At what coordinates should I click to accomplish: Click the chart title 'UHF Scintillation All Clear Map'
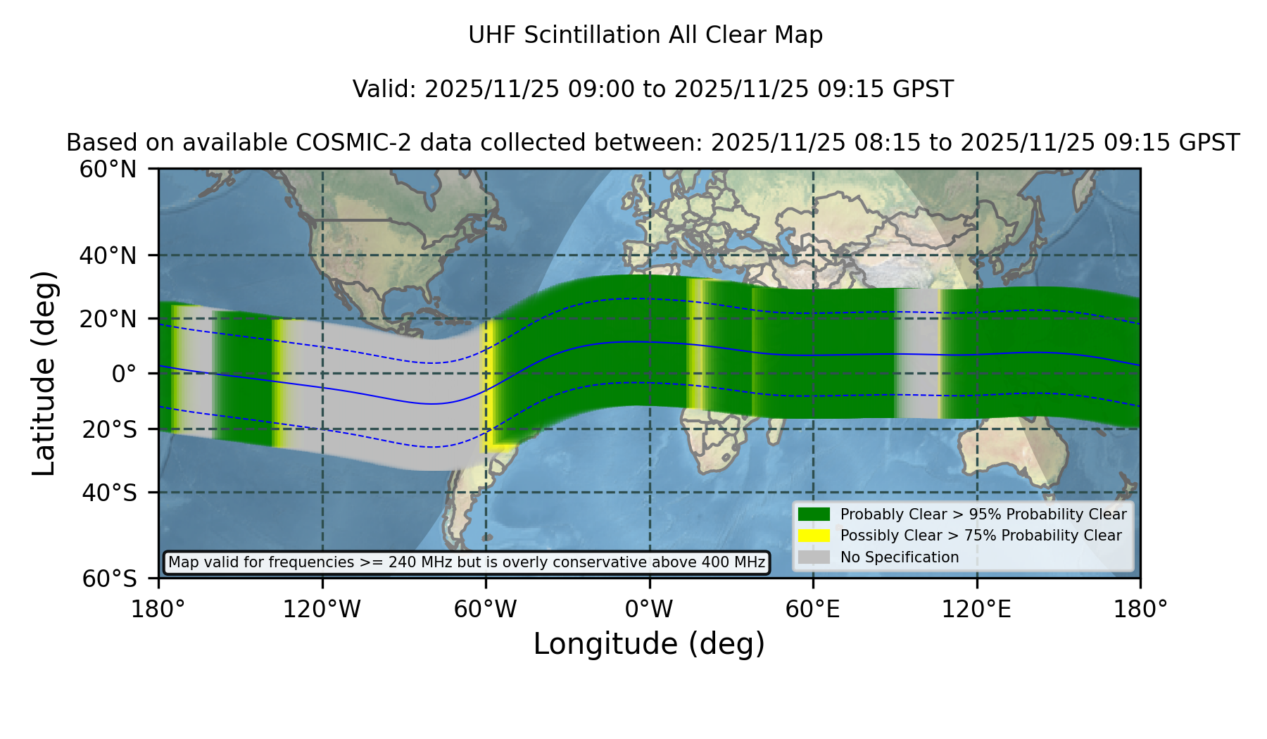(x=645, y=35)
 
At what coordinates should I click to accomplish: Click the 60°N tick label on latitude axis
(x=108, y=169)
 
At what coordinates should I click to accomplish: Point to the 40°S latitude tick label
(x=109, y=493)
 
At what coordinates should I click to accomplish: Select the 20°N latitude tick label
(x=108, y=319)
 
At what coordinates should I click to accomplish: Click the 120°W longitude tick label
(x=322, y=609)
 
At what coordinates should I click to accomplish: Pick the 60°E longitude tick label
(x=813, y=609)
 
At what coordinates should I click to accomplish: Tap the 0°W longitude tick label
(x=649, y=609)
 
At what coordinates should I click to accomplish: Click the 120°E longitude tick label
(x=976, y=609)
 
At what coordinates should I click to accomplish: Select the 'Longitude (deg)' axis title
(x=649, y=644)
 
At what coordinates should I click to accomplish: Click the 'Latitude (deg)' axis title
(x=44, y=373)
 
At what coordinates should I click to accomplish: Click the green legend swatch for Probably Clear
(x=814, y=514)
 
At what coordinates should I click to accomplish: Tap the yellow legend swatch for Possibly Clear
(x=814, y=536)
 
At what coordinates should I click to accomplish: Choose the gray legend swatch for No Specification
(x=814, y=557)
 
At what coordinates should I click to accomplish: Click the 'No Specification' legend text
(x=900, y=557)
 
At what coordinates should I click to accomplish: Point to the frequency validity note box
(x=467, y=562)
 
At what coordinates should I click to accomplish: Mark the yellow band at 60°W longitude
(x=487, y=384)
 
